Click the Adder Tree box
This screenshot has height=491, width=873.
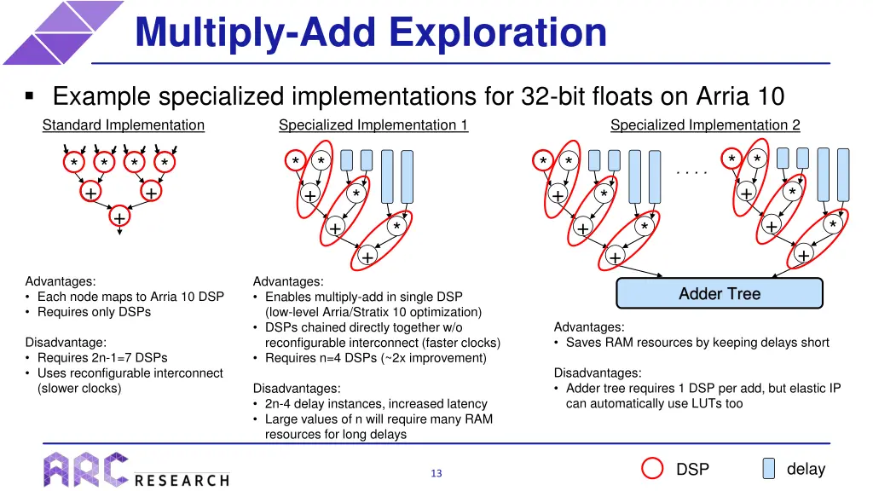[720, 293]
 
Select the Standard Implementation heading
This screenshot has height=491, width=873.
[124, 125]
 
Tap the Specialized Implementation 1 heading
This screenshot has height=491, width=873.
[373, 125]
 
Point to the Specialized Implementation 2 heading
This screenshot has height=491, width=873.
[705, 125]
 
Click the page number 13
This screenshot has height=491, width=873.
[436, 473]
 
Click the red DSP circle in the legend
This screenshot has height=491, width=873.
[652, 469]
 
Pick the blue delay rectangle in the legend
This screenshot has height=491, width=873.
[768, 469]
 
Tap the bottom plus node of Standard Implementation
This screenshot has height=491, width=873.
[119, 219]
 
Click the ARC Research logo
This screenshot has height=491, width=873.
[136, 469]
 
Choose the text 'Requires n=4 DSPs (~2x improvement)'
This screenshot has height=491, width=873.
[376, 358]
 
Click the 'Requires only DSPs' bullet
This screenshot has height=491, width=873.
[94, 312]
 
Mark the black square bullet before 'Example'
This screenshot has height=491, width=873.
[30, 97]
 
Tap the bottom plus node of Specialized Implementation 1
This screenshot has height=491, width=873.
[367, 257]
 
